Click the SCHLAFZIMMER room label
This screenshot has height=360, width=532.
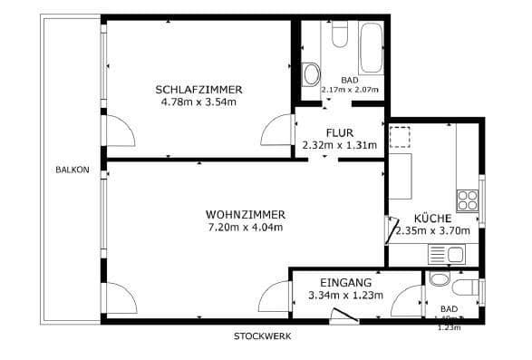tap(198, 89)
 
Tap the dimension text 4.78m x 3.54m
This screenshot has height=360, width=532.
tap(198, 102)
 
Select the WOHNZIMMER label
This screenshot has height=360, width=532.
tap(245, 214)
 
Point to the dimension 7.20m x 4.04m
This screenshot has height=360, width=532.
tap(245, 227)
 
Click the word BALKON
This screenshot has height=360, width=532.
tap(72, 170)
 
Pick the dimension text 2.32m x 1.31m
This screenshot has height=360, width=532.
tap(339, 145)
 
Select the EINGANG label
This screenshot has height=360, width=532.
tap(345, 283)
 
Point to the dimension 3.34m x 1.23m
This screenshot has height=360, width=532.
tap(345, 296)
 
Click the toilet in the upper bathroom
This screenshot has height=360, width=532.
tap(340, 34)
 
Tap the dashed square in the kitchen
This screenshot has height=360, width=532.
tap(400, 138)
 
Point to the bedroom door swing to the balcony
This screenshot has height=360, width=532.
tap(121, 130)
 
